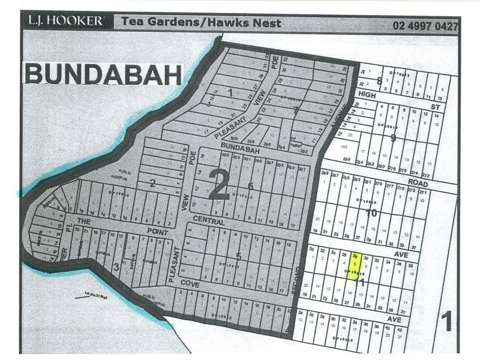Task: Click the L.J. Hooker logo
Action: click(x=65, y=21)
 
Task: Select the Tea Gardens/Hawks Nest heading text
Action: click(x=200, y=23)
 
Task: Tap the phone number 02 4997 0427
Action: click(x=425, y=26)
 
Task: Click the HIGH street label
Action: click(x=366, y=95)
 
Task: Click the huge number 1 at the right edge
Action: click(x=446, y=322)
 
